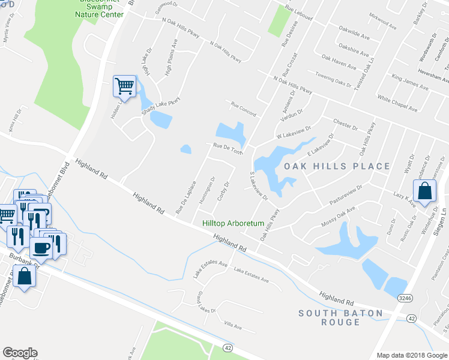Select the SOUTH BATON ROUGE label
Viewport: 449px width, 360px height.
[x=340, y=317]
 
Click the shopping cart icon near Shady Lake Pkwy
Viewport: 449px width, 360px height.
[x=124, y=86]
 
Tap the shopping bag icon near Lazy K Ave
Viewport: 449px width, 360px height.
[x=425, y=190]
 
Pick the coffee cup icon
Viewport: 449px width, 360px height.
[x=41, y=247]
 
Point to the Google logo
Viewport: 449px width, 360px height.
[x=20, y=353]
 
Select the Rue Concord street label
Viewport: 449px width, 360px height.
[x=244, y=109]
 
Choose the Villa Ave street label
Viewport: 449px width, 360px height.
[x=232, y=326]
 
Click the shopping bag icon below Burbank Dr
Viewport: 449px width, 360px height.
[x=25, y=277]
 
